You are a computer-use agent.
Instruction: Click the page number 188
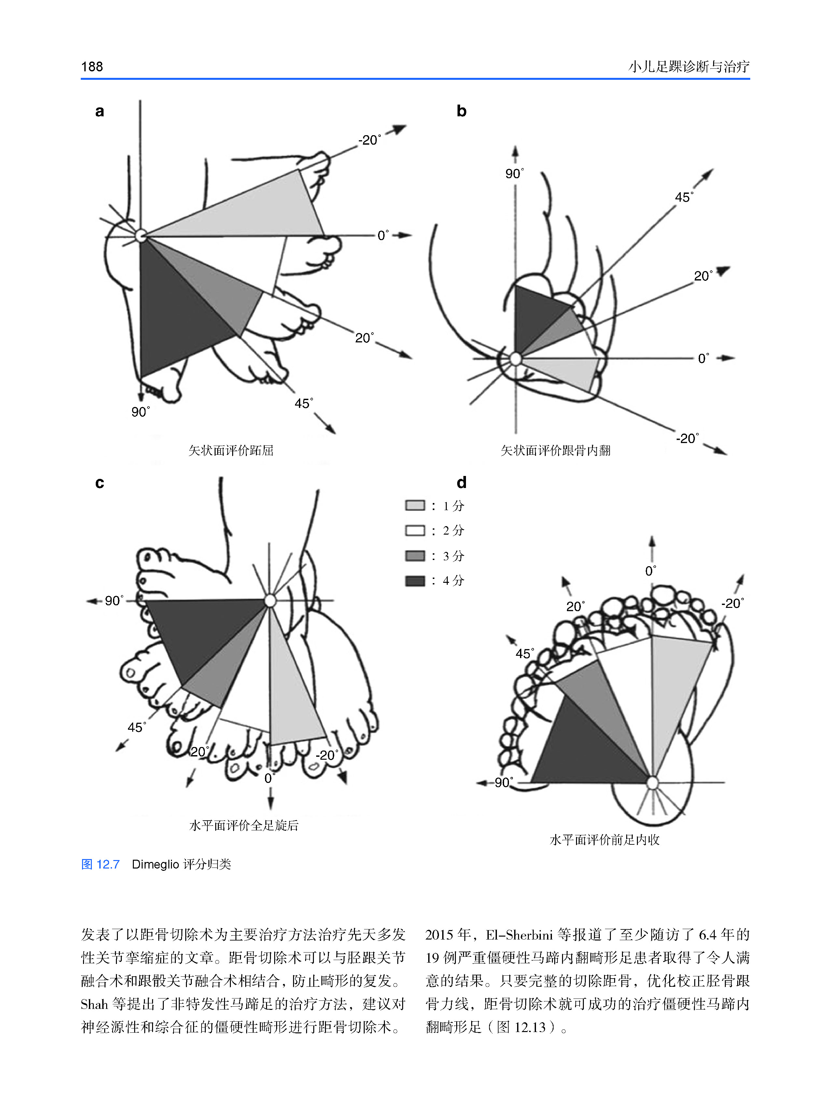[x=92, y=67]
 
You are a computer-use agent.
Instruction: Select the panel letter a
[x=100, y=111]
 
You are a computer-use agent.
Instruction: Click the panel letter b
[x=461, y=111]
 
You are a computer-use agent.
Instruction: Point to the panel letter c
[x=100, y=483]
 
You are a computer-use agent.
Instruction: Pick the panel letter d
[x=461, y=483]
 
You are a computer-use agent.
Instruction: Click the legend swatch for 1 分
[x=415, y=506]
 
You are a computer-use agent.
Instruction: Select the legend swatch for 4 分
[x=415, y=581]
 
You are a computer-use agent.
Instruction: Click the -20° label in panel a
[x=369, y=140]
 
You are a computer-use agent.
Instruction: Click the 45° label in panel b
[x=683, y=197]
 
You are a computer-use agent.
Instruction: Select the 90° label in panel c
[x=114, y=601]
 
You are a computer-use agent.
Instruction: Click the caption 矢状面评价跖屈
[x=231, y=450]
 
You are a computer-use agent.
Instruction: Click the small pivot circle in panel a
[x=141, y=235]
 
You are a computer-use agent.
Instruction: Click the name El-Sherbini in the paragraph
[x=519, y=935]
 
